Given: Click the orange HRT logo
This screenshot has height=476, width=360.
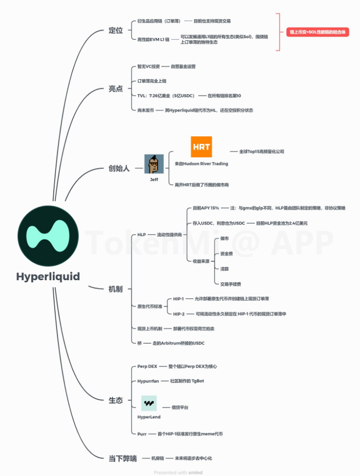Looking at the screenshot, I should coord(201,147).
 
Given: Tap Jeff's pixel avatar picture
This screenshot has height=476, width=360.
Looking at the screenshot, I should coord(154,164).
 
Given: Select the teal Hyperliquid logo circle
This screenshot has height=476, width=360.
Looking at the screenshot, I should coord(48,236).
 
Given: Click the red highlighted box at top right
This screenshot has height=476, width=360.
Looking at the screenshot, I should coord(317,32).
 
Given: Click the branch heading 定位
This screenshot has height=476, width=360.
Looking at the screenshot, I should coord(116,31).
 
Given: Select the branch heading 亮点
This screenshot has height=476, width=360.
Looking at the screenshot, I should coord(116,89).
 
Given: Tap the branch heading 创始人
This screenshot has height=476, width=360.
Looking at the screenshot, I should coord(119,168).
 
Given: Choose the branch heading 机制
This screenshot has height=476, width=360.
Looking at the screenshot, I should coord(116,289).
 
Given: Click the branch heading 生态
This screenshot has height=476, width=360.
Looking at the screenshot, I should coord(116,400).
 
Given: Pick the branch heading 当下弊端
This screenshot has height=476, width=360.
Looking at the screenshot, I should coord(122,459).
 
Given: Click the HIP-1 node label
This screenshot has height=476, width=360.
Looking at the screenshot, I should coord(179,298).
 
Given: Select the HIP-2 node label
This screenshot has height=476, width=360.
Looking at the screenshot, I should coord(179,314).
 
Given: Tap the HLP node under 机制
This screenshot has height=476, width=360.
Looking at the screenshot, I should coord(142,235).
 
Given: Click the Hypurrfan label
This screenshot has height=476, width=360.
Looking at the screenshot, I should coord(148,381).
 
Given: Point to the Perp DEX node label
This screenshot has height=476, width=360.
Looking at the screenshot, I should coord(147,366).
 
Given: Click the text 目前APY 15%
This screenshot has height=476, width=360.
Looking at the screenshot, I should coord(206,208).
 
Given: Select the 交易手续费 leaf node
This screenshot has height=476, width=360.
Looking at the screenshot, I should coord(230,284).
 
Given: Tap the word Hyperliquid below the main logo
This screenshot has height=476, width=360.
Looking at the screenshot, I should coord(48,277).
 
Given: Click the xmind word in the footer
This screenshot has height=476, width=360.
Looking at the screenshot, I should coord(195,473).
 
